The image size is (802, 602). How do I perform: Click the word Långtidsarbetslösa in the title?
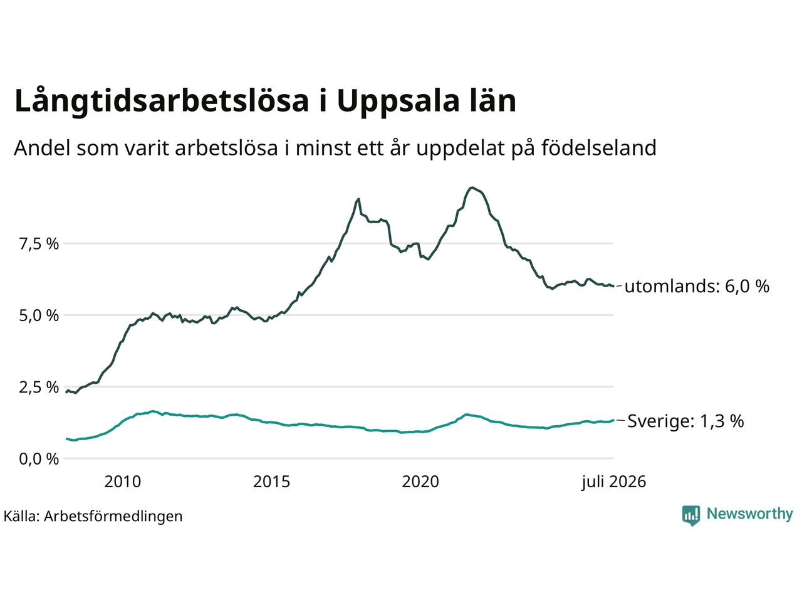(162, 101)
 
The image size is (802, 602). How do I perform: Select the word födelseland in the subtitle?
(598, 148)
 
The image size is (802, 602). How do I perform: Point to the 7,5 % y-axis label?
(39, 244)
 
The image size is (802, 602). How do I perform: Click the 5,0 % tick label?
(39, 315)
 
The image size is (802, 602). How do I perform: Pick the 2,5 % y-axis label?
(39, 387)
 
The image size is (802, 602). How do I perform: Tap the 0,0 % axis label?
(39, 459)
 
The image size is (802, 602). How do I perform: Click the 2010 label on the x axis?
(122, 482)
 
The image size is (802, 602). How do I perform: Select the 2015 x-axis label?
(271, 482)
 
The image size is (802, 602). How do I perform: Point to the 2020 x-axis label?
(420, 482)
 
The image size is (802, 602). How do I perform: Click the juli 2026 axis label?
(614, 482)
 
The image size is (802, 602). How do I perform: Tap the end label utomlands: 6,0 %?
(697, 286)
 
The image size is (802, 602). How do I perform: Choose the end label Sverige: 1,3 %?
(685, 421)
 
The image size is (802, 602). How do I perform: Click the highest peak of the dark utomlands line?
(472, 187)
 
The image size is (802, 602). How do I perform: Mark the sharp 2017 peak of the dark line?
(358, 199)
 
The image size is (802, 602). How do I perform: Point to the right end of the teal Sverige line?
(613, 420)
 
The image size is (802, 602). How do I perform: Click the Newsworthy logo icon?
(691, 515)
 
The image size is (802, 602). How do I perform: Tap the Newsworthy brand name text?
(750, 514)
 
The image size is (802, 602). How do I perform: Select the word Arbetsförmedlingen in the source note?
(113, 517)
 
